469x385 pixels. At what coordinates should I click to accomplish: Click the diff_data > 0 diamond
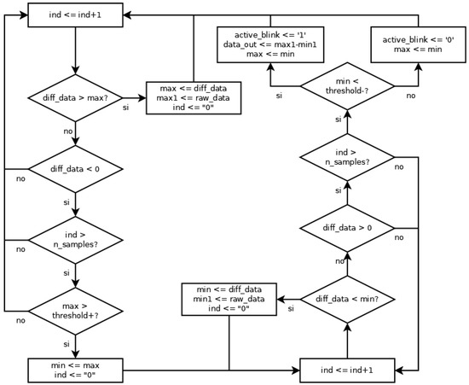[347, 228]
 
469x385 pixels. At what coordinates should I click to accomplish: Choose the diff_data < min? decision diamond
[347, 300]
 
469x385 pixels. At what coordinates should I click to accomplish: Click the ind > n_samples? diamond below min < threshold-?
[347, 157]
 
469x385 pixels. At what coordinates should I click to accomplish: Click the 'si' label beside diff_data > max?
[126, 109]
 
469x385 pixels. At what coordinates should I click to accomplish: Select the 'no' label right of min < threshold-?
[411, 96]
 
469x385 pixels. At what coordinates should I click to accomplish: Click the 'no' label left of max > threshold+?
[19, 321]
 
